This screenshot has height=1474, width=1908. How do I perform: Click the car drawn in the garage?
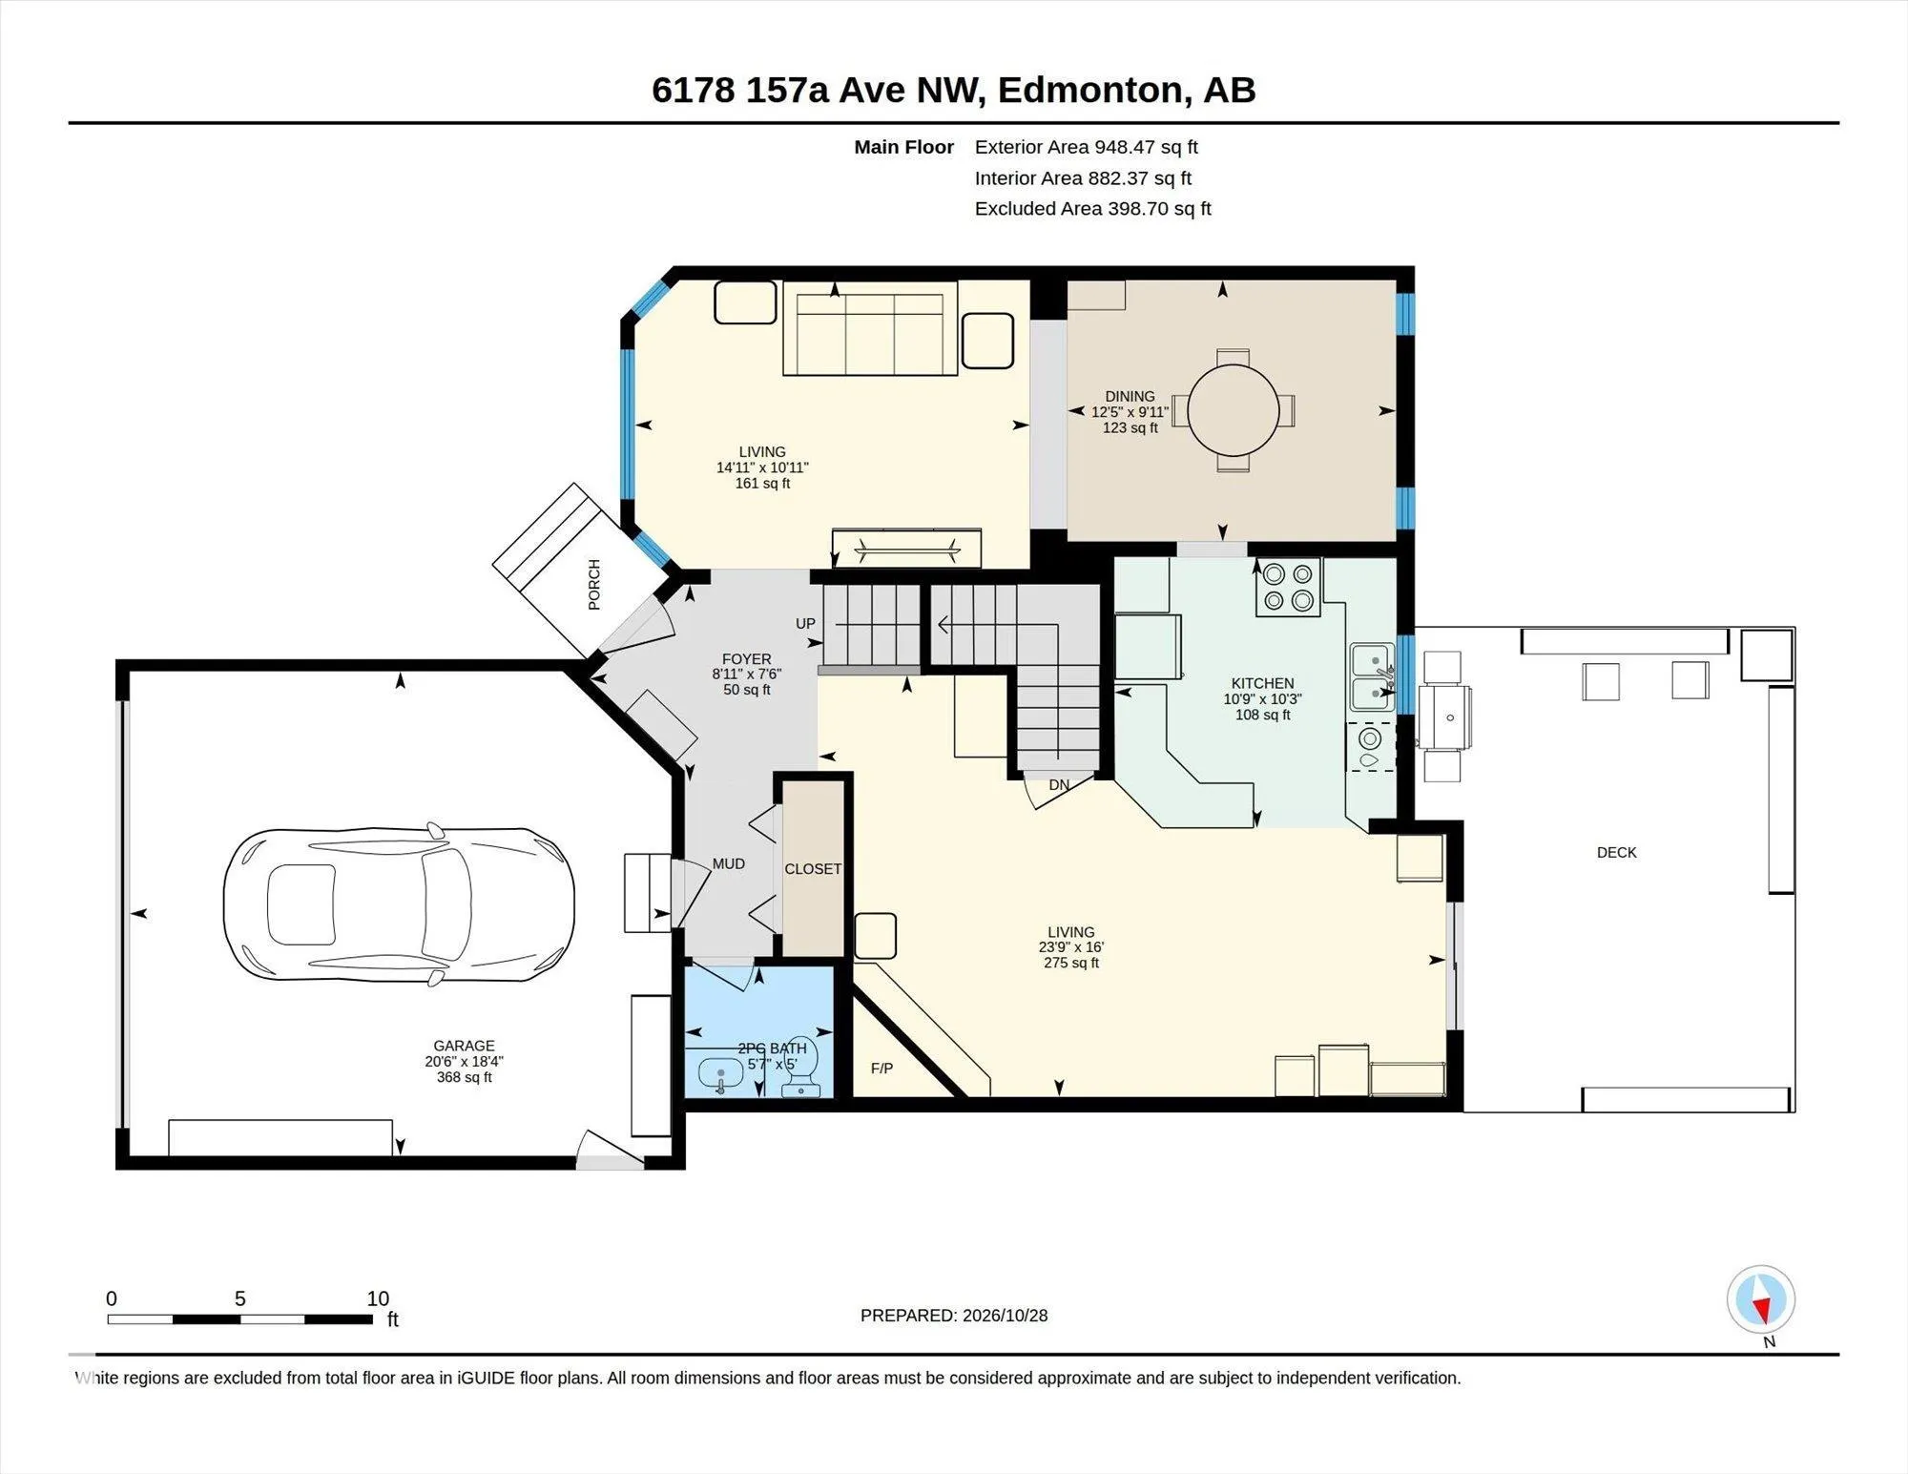pyautogui.click(x=399, y=903)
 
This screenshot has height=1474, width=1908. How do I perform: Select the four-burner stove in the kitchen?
pyautogui.click(x=1288, y=587)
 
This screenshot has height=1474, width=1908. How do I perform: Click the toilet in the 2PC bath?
pyautogui.click(x=801, y=1067)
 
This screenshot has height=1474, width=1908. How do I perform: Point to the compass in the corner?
pyautogui.click(x=1761, y=1299)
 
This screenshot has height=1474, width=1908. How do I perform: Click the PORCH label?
pyautogui.click(x=594, y=585)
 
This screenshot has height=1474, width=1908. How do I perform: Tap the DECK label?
pyautogui.click(x=1616, y=852)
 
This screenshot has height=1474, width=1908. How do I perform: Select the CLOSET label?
pyautogui.click(x=813, y=868)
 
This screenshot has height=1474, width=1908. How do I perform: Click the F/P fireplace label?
pyautogui.click(x=881, y=1068)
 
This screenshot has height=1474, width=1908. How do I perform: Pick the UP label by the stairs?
pyautogui.click(x=805, y=623)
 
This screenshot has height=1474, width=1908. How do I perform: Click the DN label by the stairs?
pyautogui.click(x=1059, y=784)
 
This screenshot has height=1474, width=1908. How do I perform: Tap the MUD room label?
pyautogui.click(x=729, y=863)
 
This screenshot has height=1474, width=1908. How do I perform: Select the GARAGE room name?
pyautogui.click(x=464, y=1046)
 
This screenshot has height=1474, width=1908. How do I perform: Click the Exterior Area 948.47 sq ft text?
pyautogui.click(x=1086, y=147)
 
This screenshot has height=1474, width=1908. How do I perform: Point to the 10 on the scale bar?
pyautogui.click(x=378, y=1298)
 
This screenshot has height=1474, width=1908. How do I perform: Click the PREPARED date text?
pyautogui.click(x=954, y=1315)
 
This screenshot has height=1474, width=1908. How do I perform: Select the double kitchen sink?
pyautogui.click(x=1372, y=676)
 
